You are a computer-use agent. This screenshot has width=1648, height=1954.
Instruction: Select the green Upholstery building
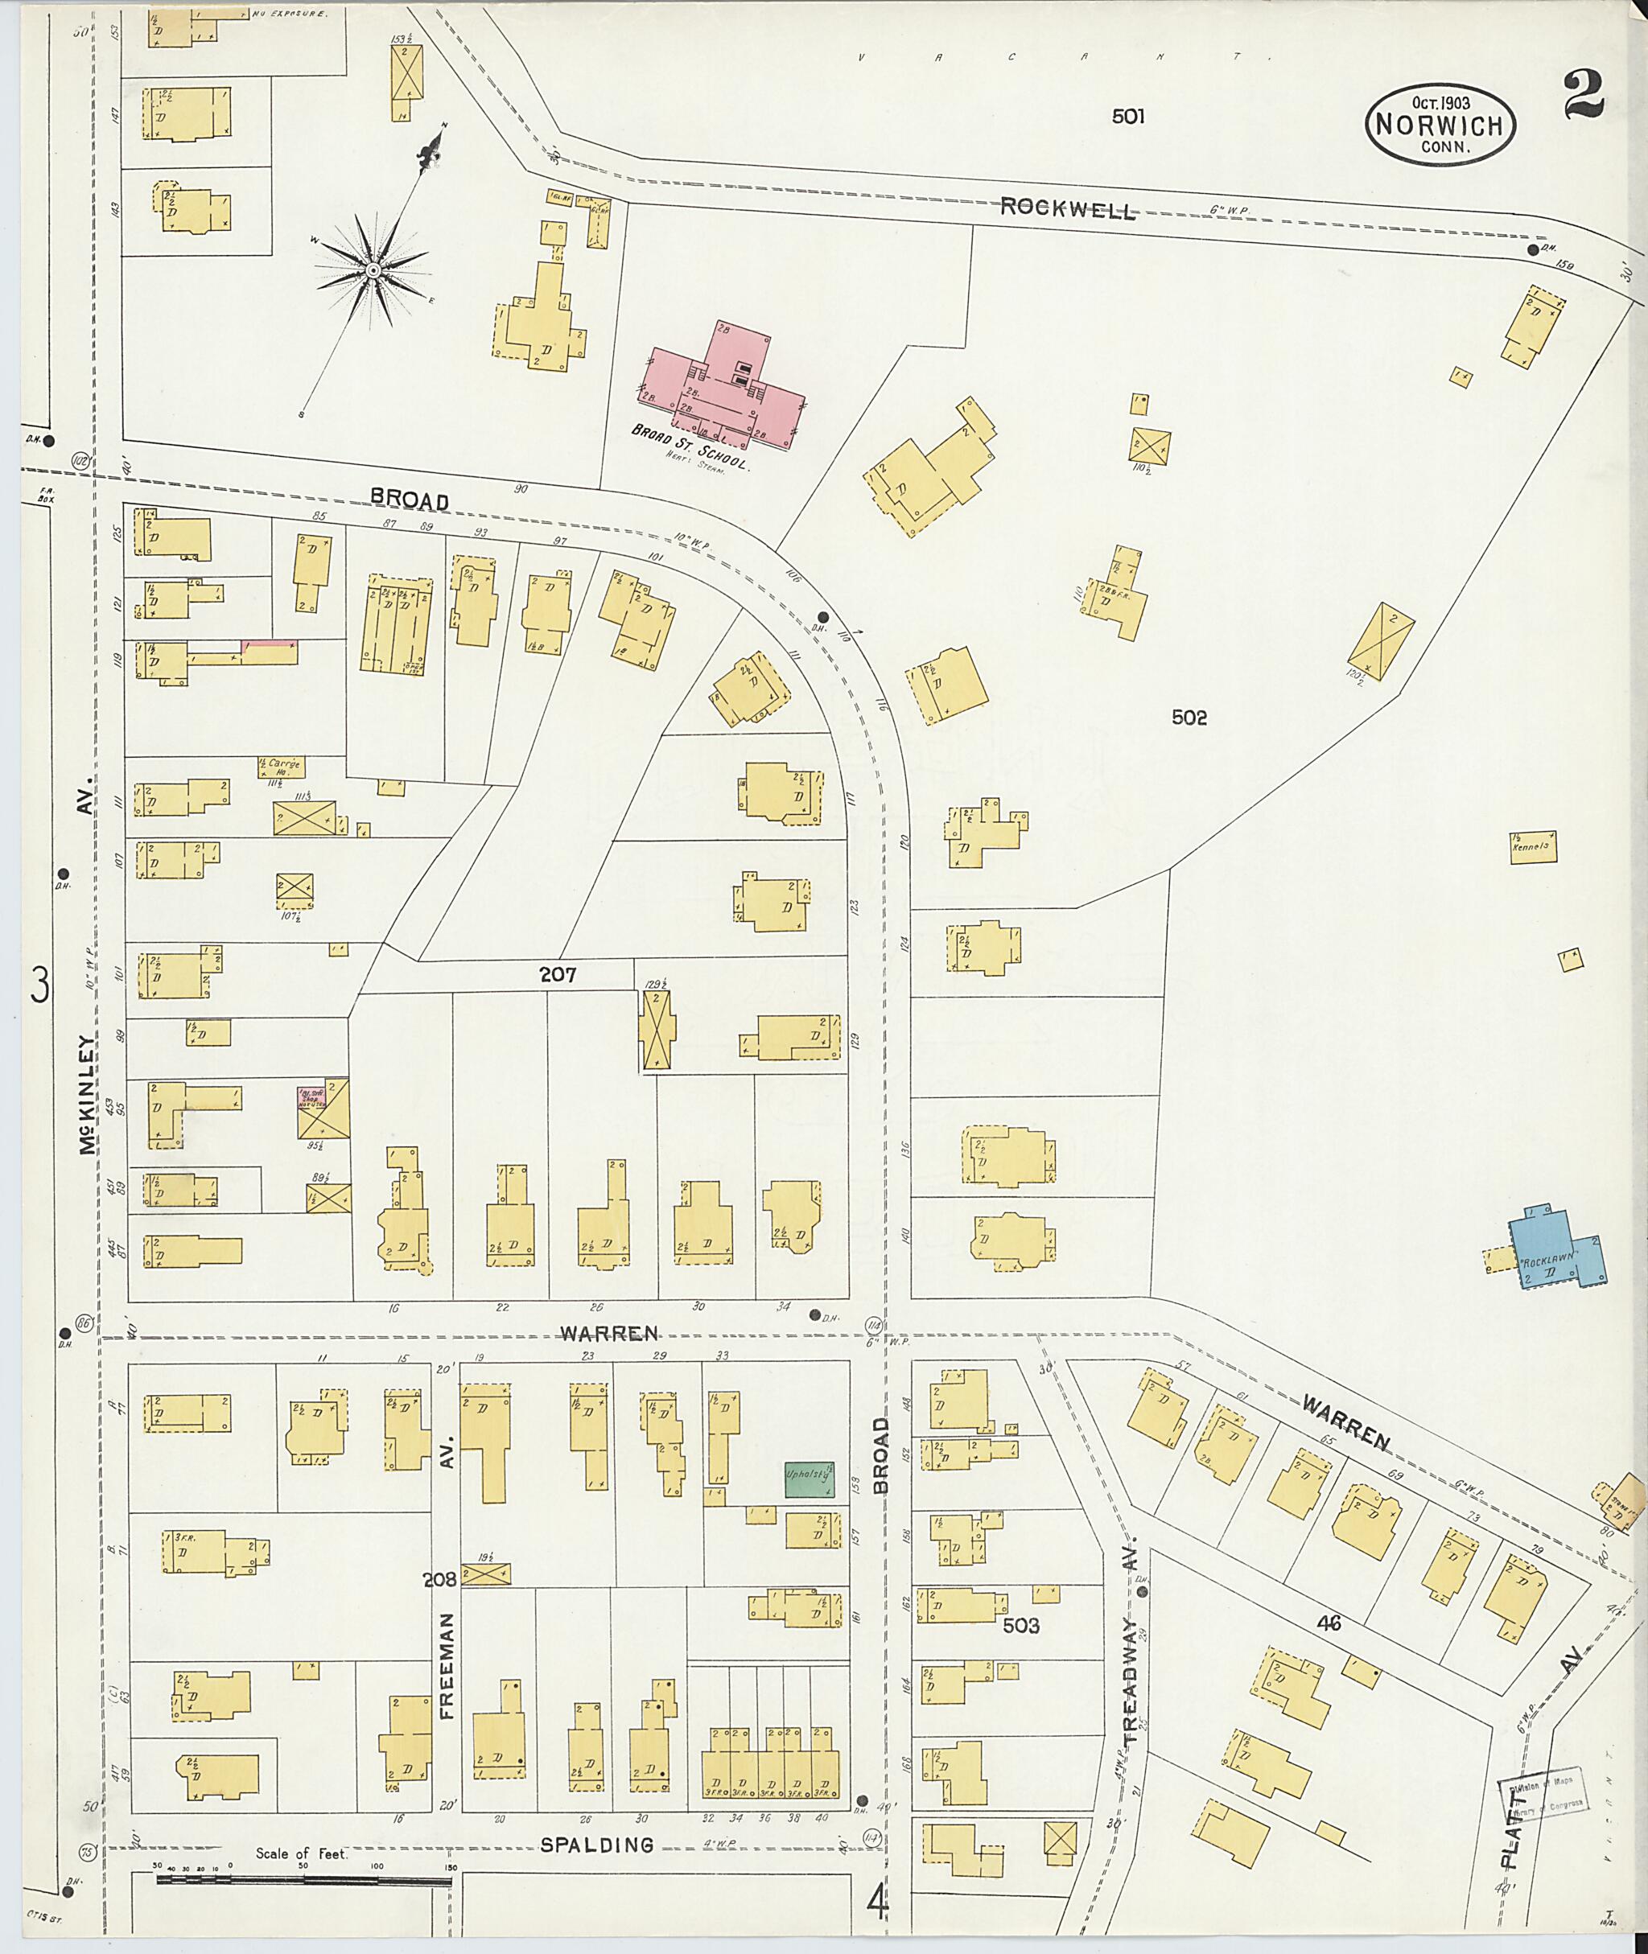tap(808, 1479)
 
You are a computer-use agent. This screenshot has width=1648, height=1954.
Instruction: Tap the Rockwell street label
tap(1068, 208)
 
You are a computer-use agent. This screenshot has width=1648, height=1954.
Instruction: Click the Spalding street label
tap(597, 1845)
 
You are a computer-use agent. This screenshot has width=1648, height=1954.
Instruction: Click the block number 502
tap(1189, 718)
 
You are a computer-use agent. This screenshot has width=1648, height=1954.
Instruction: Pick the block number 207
tap(558, 975)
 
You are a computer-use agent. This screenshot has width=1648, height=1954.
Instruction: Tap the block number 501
tap(1127, 117)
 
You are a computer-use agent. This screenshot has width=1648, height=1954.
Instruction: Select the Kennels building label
tap(1533, 846)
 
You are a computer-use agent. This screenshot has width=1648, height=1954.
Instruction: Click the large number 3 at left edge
tap(40, 985)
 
